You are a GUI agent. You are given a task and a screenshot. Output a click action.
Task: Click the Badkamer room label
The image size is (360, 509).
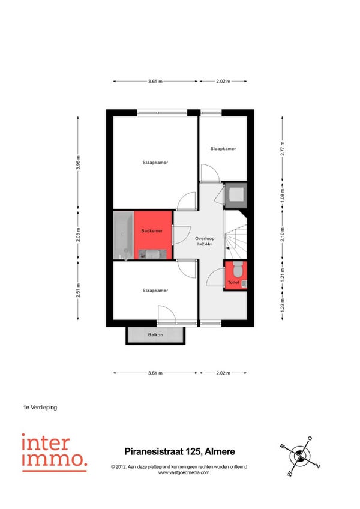[152, 231]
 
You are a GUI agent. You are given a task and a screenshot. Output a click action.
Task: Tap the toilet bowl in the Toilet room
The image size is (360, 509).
[238, 268]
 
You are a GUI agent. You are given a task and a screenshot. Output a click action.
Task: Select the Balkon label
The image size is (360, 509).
[155, 334]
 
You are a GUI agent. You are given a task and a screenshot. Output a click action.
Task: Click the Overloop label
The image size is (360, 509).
[205, 239]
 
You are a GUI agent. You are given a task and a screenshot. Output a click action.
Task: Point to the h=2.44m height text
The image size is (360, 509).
[205, 244]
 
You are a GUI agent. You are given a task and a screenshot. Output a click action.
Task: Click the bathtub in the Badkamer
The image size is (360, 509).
[124, 235]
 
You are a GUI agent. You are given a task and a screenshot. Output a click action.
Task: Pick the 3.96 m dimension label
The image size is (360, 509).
[78, 162]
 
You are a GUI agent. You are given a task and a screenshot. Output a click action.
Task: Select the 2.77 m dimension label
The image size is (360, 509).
[283, 149]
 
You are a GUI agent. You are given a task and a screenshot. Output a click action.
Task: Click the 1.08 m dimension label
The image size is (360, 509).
[283, 196]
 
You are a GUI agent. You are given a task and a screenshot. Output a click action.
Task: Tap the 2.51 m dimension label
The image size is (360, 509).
[78, 290]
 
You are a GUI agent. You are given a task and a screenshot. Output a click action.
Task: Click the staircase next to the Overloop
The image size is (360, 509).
[236, 235]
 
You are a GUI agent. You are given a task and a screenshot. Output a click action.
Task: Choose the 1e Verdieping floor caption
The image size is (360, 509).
[40, 407]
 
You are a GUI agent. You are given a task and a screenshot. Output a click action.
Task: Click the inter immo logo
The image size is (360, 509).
[54, 452]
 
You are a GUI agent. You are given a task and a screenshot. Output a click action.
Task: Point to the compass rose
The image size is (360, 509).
[300, 456]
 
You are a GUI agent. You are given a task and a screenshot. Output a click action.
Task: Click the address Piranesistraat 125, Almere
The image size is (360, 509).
[180, 451]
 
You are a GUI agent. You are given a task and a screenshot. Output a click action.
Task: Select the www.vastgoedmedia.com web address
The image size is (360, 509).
[184, 472]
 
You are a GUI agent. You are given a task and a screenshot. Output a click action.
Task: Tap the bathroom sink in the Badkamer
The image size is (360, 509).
[152, 254]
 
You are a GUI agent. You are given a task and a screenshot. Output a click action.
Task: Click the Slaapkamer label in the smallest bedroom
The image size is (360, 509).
[223, 149]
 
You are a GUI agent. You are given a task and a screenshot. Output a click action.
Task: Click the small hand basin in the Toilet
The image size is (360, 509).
[244, 284]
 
